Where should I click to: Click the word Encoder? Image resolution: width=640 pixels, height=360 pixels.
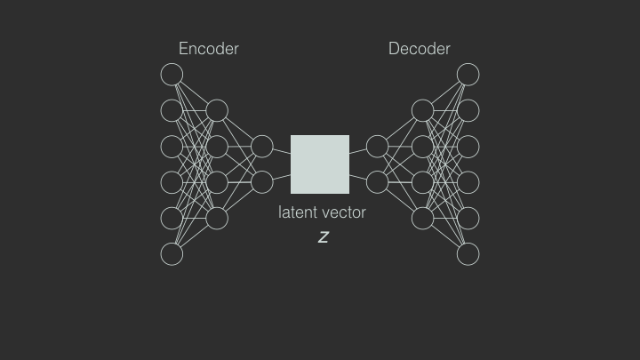209,49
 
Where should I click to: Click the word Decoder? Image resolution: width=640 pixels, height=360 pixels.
420,49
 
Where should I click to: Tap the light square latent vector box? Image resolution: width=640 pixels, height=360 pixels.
320,164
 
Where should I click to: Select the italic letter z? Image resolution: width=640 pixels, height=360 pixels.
324,236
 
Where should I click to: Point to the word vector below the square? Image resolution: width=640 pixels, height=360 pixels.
343,212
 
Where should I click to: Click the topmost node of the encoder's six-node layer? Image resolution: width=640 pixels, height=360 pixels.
172,75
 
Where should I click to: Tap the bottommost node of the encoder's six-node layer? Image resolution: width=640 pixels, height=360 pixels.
172,253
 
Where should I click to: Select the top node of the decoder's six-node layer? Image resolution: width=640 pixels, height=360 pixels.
468,75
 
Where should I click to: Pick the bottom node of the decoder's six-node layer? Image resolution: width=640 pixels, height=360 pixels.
468,253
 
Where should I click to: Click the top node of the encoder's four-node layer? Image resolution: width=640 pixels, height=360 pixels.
217,110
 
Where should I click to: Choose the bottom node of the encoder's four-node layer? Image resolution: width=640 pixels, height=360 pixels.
217,218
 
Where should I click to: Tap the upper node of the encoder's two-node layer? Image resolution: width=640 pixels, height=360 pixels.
262,146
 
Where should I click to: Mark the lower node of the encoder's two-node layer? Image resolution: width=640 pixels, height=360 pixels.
262,182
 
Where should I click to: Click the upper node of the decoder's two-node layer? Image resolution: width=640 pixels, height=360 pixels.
377,146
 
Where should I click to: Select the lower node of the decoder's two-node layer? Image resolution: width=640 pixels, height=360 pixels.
377,182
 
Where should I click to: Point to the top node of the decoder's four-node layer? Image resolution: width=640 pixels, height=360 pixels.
423,110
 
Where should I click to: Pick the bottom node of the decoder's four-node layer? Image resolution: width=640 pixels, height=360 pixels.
423,218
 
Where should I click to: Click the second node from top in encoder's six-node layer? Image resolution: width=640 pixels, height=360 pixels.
172,110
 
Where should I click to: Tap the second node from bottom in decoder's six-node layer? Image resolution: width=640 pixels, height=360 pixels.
468,218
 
